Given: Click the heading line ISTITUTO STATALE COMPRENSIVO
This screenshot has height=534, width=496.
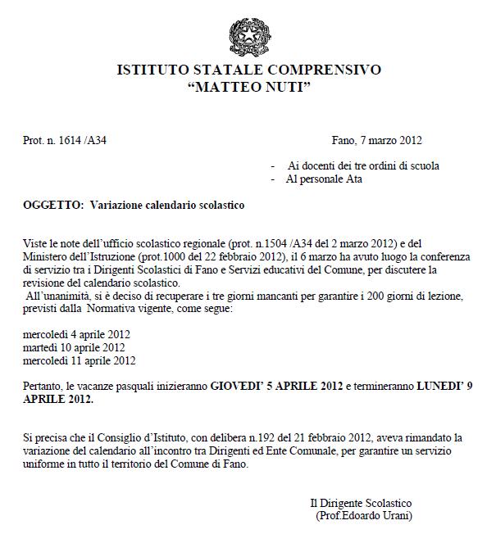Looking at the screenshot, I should pos(248,70).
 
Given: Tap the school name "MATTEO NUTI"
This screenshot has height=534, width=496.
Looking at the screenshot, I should pos(248,87).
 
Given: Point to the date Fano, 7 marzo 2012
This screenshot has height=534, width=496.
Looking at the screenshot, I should pos(376,140).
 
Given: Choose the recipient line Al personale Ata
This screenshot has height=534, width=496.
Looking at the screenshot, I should pos(324,179).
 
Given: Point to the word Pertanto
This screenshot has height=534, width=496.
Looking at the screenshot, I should pos(43,386).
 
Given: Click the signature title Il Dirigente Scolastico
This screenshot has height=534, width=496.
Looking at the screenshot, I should pos(361,502).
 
